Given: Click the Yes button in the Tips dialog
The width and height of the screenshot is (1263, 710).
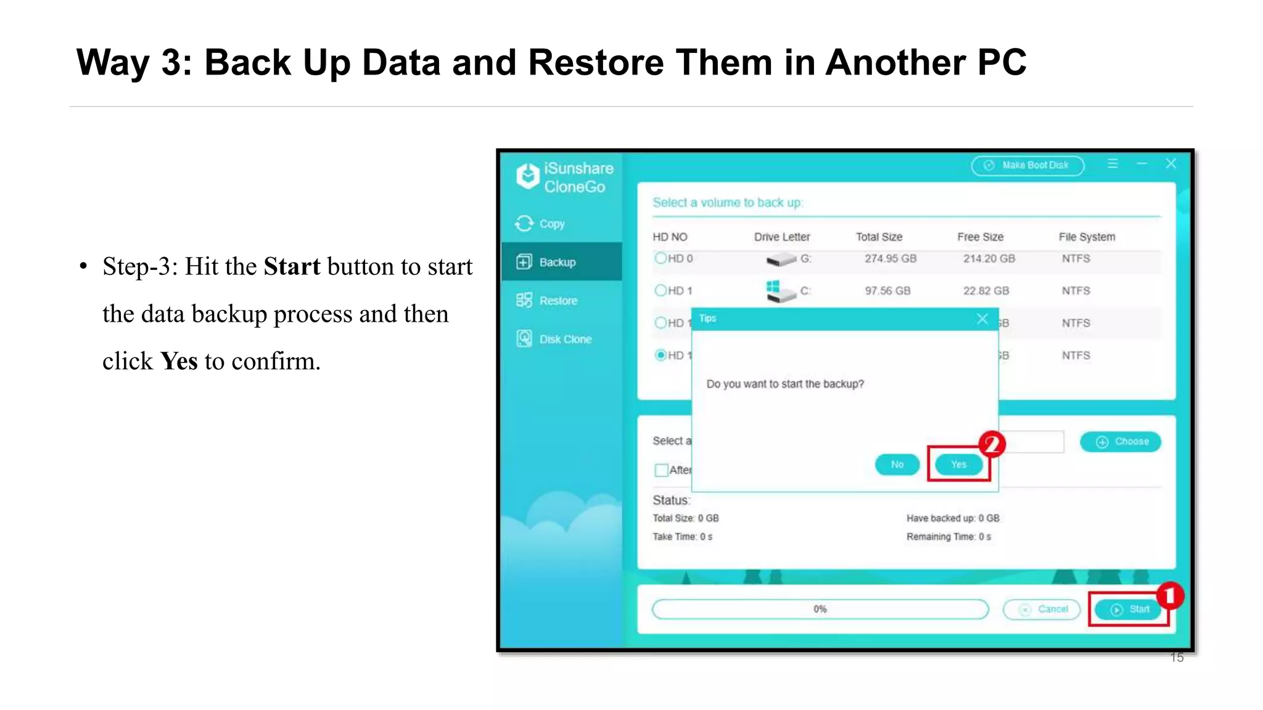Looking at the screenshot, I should point(958,464).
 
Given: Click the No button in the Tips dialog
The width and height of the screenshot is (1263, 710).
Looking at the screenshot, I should point(897,464).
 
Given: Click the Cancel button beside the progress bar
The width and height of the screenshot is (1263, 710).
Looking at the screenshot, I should point(1042,609).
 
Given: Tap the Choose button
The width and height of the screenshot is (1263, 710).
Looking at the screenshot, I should point(1120,441).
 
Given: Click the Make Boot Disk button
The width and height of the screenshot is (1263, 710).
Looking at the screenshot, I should point(1027,165).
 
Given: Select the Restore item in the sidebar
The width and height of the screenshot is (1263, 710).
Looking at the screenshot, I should point(557,301).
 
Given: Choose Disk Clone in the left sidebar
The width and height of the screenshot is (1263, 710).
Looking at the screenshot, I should point(564,339).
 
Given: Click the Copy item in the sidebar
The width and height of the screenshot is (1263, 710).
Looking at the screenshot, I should point(551,224).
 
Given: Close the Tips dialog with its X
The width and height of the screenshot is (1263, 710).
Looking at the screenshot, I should point(982,319).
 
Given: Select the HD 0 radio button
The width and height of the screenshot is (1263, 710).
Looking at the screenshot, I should point(660,258).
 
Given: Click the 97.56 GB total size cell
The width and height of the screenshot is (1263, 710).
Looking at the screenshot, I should point(887,290).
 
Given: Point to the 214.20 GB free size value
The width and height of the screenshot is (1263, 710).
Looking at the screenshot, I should point(989,258).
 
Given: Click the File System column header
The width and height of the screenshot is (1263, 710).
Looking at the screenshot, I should point(1087,237).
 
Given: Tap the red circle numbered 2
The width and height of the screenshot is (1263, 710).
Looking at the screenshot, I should point(992,443).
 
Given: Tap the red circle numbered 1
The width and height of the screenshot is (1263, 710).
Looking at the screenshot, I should point(1169,595).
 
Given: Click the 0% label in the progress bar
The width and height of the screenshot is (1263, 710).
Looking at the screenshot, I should point(820,609).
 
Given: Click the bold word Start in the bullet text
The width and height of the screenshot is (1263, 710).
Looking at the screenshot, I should point(292,267).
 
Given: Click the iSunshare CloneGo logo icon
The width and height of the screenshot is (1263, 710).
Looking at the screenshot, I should point(528,177).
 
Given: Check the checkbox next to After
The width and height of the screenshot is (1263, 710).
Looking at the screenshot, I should point(661,470).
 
